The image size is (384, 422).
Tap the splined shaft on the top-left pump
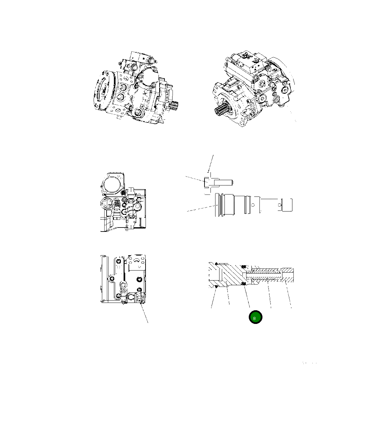coord(174,107)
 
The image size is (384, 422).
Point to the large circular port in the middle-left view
coord(112,183)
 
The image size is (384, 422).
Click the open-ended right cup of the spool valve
coord(287,205)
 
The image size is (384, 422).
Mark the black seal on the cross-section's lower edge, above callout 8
coord(243,283)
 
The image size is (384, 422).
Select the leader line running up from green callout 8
coord(247,297)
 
